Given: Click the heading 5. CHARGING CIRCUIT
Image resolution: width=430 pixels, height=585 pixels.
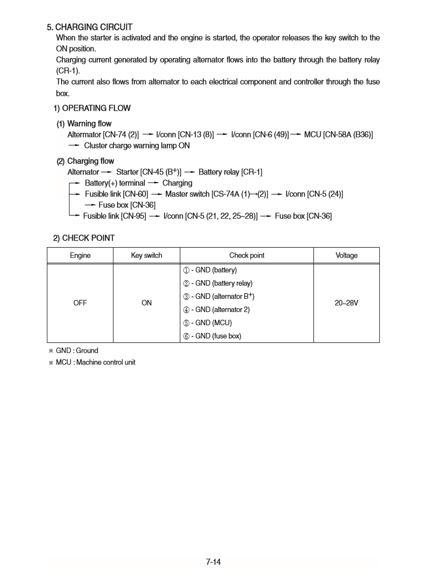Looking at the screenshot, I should (x=90, y=27).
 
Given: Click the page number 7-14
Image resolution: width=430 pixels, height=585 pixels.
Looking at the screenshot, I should (x=214, y=562).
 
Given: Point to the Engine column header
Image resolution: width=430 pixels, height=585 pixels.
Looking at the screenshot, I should (x=80, y=255).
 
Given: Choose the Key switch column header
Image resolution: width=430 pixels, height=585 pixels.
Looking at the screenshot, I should (x=146, y=255).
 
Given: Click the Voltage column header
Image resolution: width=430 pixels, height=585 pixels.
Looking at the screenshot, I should (x=346, y=255).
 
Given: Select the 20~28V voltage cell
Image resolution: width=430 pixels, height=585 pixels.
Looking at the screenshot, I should (x=346, y=303).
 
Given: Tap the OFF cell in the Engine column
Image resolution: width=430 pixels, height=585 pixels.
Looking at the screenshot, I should (x=80, y=303).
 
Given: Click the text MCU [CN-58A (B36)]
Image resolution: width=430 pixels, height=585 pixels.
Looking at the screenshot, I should (x=339, y=134).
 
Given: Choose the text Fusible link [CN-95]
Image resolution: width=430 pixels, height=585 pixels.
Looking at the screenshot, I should (x=115, y=216).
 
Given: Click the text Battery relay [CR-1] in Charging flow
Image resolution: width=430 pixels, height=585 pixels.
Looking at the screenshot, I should (x=230, y=172).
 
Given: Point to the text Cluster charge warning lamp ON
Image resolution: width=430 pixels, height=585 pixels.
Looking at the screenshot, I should (x=137, y=146).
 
